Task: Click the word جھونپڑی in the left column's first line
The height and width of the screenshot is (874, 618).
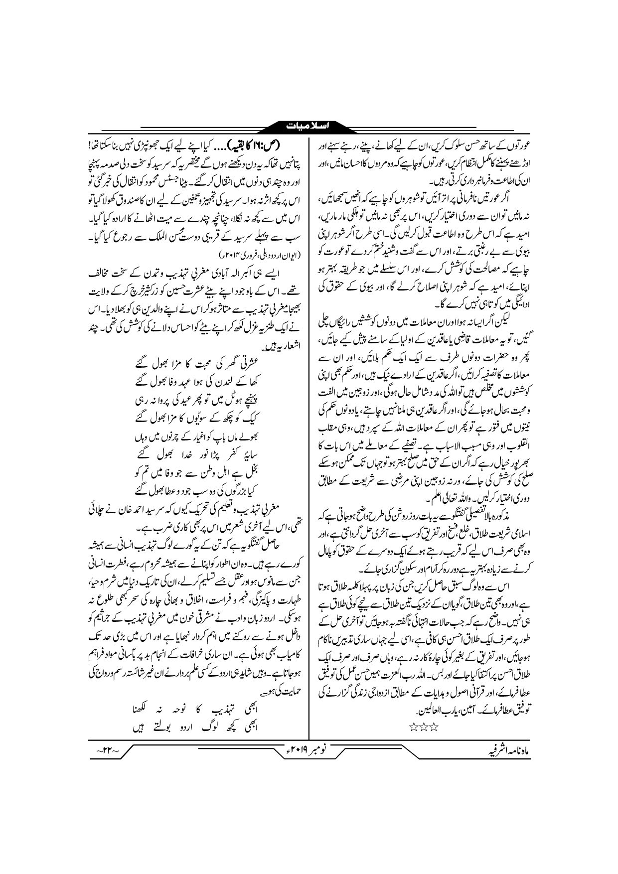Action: (145, 145)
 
